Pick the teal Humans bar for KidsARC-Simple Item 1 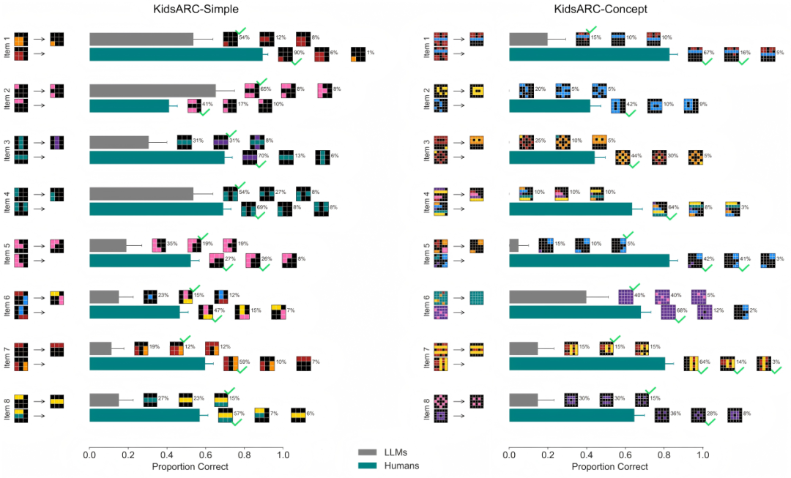click(176, 54)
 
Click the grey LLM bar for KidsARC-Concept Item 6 click(547, 296)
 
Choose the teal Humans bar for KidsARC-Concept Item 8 click(571, 416)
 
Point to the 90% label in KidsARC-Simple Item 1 click(299, 53)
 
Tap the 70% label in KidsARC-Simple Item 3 click(264, 156)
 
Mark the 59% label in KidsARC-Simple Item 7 click(245, 362)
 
